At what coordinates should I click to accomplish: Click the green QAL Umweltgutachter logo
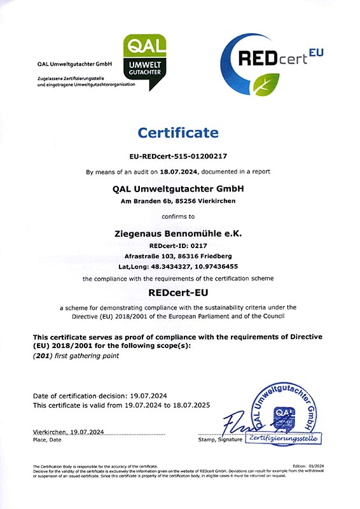coord(144,62)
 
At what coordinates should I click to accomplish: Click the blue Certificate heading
coord(178,133)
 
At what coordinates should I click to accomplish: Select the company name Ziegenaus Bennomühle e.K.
coord(178,234)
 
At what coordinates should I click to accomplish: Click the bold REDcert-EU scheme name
coord(178,293)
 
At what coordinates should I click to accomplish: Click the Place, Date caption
coord(47,439)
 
